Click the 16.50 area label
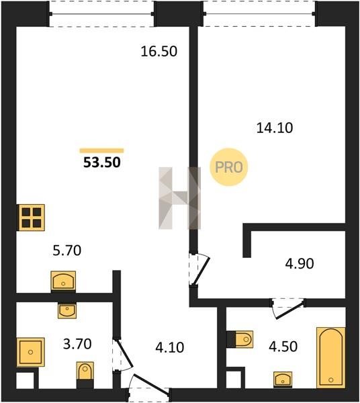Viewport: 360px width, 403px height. point(159,52)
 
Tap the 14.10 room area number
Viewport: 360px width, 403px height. point(275,128)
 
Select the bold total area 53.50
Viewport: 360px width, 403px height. point(102,163)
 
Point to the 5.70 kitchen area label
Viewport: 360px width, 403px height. point(66,251)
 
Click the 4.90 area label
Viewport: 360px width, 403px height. point(300,263)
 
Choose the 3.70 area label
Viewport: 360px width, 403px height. point(77,344)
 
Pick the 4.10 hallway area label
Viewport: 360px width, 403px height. point(170,347)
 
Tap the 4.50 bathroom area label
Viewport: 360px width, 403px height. point(283,346)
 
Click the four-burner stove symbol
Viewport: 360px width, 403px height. point(31,218)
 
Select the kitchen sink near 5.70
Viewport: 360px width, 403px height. point(63,281)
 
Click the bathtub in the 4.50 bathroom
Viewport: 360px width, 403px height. point(330,357)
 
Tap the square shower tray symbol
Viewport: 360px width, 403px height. point(31,352)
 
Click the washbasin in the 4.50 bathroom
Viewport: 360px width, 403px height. point(283,379)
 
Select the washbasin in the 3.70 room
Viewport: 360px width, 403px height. point(67,310)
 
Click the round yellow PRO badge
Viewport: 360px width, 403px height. point(228,167)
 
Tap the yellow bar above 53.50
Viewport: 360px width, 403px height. point(102,150)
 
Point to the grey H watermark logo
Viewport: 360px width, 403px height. point(179,198)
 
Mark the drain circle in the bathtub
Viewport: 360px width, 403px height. point(330,380)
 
